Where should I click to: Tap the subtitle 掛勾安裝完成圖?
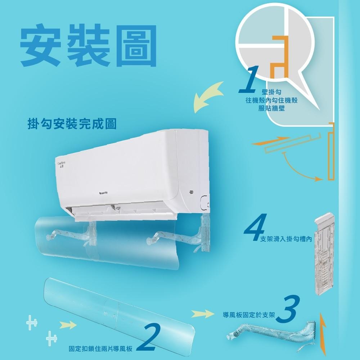click(72, 124)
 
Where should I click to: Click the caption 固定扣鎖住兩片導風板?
click(101, 348)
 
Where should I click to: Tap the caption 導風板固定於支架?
click(249, 315)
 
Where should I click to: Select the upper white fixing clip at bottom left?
click(32, 322)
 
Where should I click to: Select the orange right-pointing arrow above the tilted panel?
click(270, 141)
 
